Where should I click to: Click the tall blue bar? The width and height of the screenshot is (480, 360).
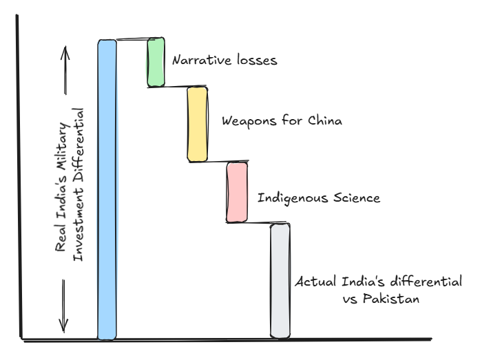tap(107, 189)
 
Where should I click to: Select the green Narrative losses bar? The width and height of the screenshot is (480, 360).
tap(156, 63)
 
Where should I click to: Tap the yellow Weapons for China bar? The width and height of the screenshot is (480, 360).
tap(197, 125)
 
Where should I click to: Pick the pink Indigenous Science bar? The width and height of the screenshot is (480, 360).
tap(237, 192)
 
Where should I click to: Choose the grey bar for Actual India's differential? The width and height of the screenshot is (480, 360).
tap(279, 280)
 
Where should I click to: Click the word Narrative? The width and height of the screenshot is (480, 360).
tap(201, 60)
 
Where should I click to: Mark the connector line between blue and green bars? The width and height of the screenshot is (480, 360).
tap(132, 40)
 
